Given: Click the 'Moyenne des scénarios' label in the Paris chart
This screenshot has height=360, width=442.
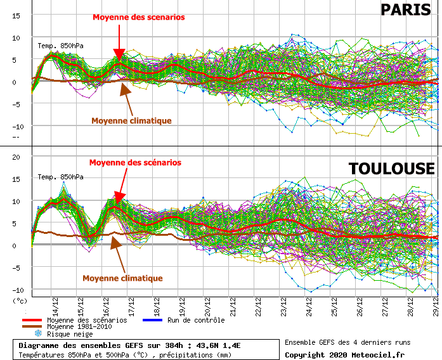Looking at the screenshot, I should [x=139, y=17].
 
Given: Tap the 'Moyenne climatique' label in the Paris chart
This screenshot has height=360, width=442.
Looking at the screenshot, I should [x=131, y=120].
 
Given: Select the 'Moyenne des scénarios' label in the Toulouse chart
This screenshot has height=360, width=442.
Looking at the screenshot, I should [x=134, y=163].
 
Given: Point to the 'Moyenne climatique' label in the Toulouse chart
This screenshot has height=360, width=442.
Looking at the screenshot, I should [x=122, y=278].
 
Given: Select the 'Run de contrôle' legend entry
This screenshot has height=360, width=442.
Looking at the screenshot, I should [x=195, y=320].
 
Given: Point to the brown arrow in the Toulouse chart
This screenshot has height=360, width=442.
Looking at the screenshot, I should [x=117, y=254].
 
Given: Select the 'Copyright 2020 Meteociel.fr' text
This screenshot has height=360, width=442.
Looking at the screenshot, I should [x=344, y=354].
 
